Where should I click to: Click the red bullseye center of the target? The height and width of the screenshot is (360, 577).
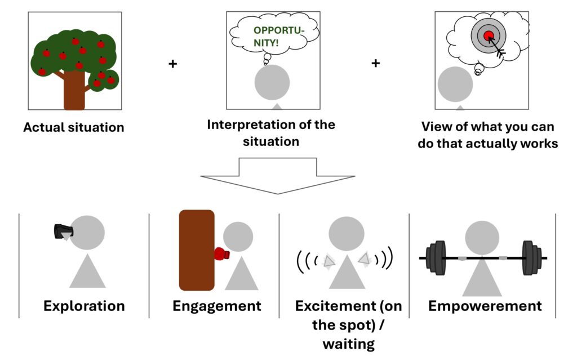[489, 36]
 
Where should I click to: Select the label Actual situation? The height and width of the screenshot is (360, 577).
[74, 127]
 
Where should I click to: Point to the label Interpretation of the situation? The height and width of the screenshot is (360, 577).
[271, 132]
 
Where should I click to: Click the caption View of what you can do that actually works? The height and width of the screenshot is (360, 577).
[488, 135]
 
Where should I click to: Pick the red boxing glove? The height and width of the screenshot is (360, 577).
[221, 254]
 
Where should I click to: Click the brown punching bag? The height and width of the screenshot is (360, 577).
[197, 250]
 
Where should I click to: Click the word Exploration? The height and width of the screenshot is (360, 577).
[84, 306]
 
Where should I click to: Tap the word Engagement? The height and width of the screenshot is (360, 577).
[217, 306]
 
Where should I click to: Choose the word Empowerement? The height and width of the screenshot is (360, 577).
[485, 306]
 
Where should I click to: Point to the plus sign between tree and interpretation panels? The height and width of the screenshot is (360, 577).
[172, 64]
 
